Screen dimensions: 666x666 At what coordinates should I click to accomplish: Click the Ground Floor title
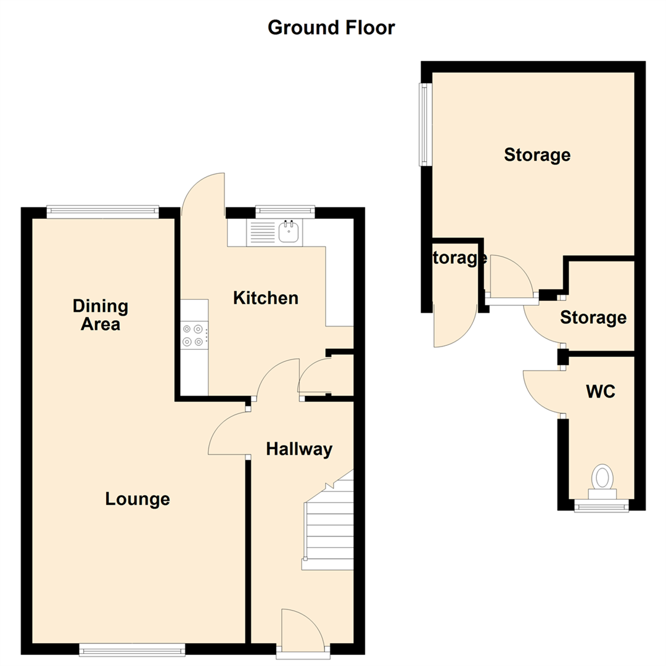point(331,28)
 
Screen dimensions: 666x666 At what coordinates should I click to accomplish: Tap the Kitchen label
point(266,298)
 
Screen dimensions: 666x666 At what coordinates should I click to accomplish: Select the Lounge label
point(137,498)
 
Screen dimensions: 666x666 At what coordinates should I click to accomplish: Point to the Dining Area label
point(100,314)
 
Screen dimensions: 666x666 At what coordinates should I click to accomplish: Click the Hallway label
point(299,450)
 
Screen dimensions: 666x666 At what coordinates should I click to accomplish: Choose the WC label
point(601,392)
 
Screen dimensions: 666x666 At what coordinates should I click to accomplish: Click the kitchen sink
point(289,232)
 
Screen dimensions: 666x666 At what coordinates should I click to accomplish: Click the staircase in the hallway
point(329,524)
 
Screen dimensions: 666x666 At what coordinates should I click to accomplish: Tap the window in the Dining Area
point(102,211)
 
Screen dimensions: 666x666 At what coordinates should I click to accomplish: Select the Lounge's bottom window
point(132,648)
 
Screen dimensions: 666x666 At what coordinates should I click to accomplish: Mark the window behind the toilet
point(601,507)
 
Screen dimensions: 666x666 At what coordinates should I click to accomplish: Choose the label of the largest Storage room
point(537,154)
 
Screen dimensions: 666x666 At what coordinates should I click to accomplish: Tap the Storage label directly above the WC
point(593,318)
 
